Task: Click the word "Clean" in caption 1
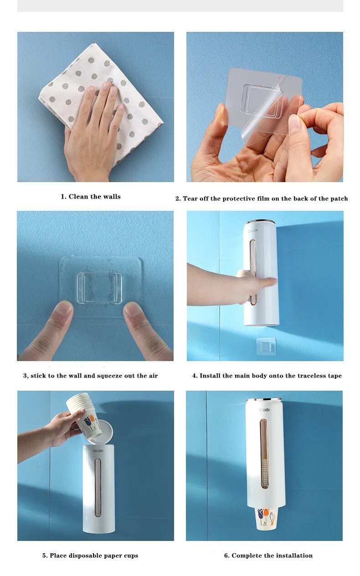pyautogui.click(x=78, y=196)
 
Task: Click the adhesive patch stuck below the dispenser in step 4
pyautogui.click(x=266, y=346)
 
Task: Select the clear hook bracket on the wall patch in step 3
pyautogui.click(x=99, y=288)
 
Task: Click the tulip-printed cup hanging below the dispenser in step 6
pyautogui.click(x=266, y=518)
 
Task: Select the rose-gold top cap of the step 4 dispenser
pyautogui.click(x=259, y=222)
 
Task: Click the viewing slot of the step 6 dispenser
pyautogui.click(x=264, y=454)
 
